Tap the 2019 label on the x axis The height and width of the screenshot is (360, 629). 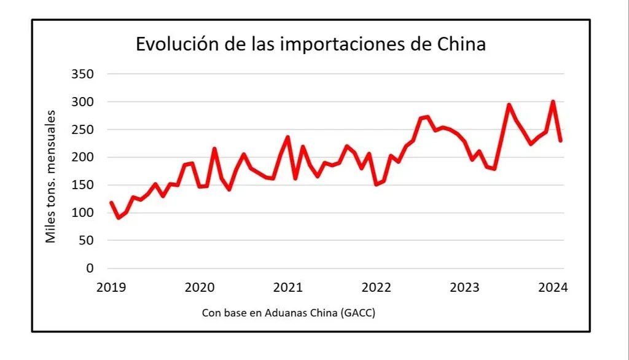[x=111, y=287]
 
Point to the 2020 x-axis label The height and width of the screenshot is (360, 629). [x=199, y=287]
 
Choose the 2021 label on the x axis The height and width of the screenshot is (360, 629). [x=287, y=287]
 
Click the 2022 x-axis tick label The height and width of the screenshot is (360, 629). [x=376, y=287]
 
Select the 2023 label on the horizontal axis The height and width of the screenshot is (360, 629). [x=465, y=287]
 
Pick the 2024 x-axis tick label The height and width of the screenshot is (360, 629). [x=553, y=287]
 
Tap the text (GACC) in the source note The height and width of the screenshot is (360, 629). [x=359, y=313]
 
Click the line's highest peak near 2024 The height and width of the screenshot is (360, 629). [x=553, y=102]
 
